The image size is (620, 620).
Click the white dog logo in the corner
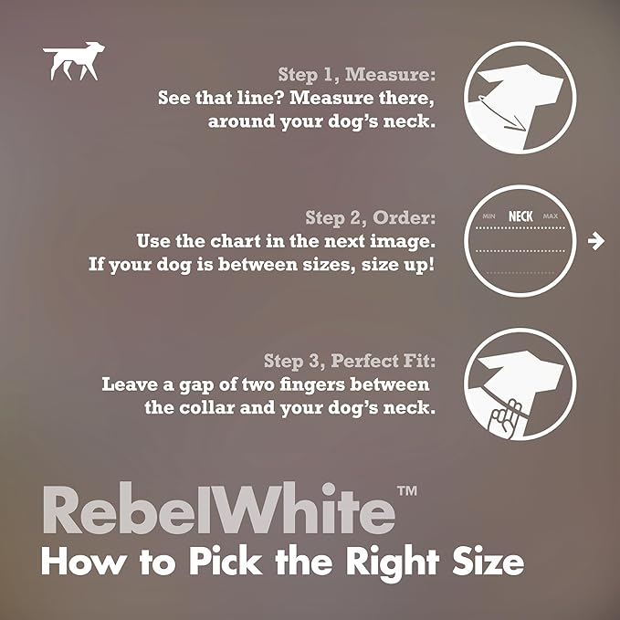(x=74, y=60)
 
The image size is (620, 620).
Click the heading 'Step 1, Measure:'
(x=357, y=74)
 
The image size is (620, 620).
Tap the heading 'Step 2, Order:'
(x=370, y=217)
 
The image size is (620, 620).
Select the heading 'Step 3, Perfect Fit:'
(x=350, y=361)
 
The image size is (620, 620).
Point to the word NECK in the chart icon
(x=520, y=216)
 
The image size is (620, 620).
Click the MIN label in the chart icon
(x=489, y=216)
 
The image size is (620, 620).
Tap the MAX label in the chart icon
(x=551, y=216)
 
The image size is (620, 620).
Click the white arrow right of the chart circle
(x=596, y=241)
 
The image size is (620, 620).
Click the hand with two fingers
(x=505, y=419)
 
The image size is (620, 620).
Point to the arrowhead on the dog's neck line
(x=520, y=127)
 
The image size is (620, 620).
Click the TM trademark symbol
(x=407, y=491)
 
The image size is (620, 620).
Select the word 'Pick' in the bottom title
(x=226, y=561)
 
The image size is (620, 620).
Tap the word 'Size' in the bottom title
(x=488, y=561)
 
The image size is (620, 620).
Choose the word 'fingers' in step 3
(x=312, y=385)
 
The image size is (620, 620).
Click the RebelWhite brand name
(x=218, y=509)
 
